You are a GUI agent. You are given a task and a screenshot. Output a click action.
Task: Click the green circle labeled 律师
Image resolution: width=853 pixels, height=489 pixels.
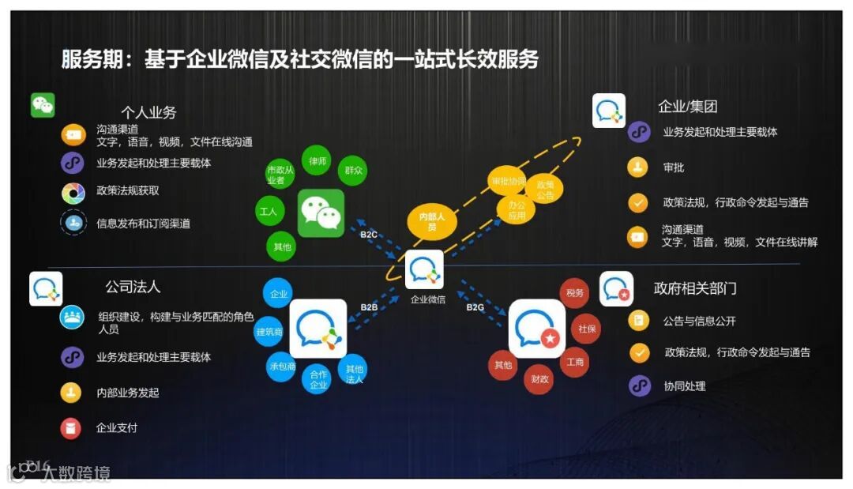[x=318, y=162]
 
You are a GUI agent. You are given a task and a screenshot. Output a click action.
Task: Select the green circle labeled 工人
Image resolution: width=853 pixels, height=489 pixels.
[x=267, y=212]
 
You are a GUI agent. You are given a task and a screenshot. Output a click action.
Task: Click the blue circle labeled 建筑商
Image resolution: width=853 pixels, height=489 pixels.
[x=269, y=332]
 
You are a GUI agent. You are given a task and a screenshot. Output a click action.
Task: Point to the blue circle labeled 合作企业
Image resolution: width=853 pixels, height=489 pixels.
[x=318, y=379]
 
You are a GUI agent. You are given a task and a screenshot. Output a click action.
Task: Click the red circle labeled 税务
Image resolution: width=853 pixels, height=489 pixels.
[x=575, y=293]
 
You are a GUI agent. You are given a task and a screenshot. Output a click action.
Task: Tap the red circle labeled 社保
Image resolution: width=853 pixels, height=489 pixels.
[x=587, y=329]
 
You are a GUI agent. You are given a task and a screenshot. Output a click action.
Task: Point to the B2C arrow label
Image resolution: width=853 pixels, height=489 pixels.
[x=369, y=235]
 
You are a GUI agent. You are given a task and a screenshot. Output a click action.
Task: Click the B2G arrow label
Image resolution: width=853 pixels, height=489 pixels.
[x=475, y=307]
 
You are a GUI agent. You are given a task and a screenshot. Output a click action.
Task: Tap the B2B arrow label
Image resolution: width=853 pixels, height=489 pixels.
[x=369, y=307]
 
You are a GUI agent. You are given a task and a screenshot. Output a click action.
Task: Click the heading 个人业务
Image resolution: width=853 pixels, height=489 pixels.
[x=148, y=112]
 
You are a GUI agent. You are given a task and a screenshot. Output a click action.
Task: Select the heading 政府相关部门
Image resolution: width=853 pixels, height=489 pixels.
[x=695, y=288]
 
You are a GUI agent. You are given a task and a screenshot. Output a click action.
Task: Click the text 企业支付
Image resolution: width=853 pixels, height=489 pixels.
[x=117, y=428]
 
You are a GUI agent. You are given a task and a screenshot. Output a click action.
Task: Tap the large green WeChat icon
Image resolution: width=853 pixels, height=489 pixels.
[x=321, y=213]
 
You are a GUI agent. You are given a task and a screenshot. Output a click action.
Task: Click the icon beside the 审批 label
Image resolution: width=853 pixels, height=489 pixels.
[x=638, y=167]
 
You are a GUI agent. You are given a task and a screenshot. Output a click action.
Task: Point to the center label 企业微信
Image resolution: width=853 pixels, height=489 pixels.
[x=427, y=299]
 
